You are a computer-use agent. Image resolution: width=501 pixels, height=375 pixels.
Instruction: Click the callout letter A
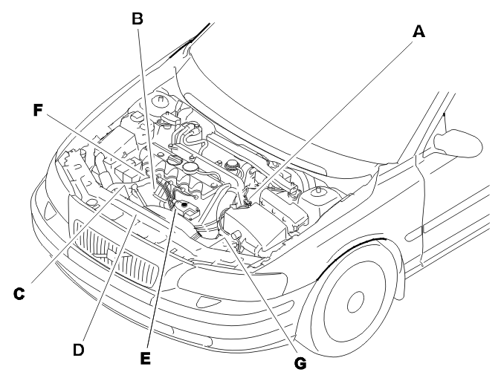tap(419, 32)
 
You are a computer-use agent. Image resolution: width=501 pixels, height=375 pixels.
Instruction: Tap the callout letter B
tap(138, 19)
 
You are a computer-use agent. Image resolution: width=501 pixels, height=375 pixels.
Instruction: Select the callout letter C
tap(19, 293)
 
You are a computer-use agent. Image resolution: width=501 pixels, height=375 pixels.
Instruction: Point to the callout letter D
tap(79, 350)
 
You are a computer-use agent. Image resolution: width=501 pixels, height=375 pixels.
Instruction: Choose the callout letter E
tap(146, 359)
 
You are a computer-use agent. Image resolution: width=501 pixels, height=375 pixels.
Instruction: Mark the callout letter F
tap(38, 111)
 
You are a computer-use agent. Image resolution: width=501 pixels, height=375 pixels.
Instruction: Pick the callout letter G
tap(300, 364)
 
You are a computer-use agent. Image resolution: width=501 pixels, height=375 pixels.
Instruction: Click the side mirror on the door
tap(458, 143)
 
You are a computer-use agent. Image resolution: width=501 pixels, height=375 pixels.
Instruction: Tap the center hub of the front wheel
tap(355, 302)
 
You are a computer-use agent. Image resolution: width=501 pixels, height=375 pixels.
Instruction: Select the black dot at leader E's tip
tap(184, 204)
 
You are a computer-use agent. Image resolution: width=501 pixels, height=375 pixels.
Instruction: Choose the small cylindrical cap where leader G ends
tap(236, 235)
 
